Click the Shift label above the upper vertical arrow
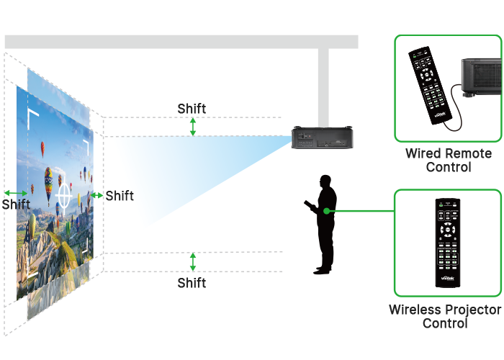tap(192, 109)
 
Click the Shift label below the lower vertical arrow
tap(192, 283)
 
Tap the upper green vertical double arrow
tap(192, 127)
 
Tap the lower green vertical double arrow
tap(192, 261)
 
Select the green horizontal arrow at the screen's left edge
tap(15, 193)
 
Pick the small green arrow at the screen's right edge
tap(97, 195)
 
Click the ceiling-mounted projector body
tap(322, 137)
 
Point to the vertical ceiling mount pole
tap(323, 86)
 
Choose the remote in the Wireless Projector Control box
tap(447, 241)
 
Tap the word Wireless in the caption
tap(413, 310)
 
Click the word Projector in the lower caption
tap(472, 310)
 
